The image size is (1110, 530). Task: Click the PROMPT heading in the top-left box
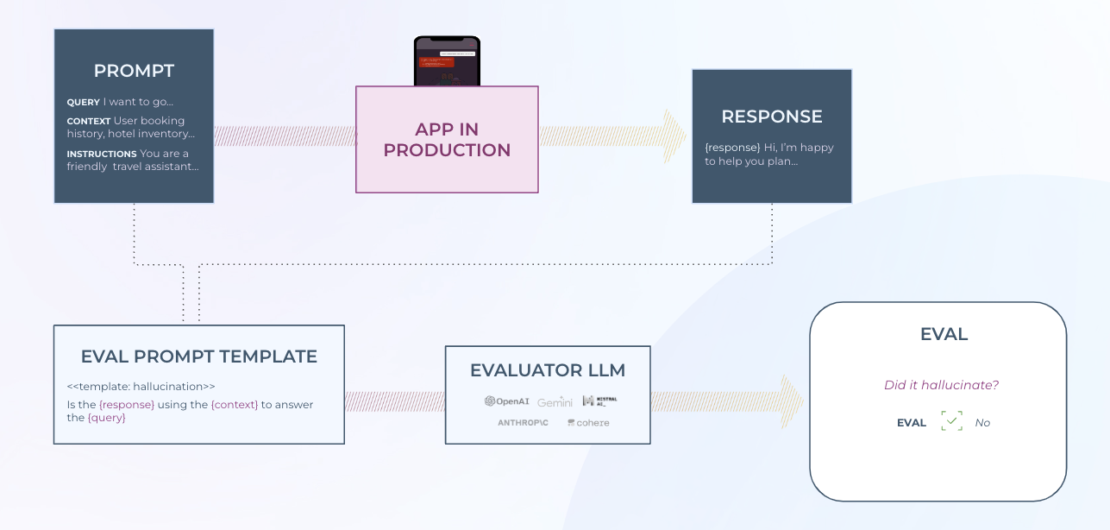tap(134, 71)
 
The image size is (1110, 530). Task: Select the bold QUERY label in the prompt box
tap(84, 103)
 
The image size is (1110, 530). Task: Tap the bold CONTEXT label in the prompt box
tap(89, 122)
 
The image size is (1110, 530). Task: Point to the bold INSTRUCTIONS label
tap(102, 155)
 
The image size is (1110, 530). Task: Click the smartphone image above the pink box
tap(447, 61)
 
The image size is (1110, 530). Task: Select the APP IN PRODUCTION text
tap(447, 140)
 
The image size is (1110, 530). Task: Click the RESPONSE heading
tap(772, 117)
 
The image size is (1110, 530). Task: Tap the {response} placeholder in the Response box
tap(732, 148)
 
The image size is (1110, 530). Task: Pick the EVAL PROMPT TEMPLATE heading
tap(198, 356)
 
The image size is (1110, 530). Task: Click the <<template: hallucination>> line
tap(141, 387)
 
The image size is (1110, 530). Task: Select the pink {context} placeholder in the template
tap(235, 405)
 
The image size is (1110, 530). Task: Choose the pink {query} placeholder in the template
tap(107, 418)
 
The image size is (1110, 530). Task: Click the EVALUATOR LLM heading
tap(548, 370)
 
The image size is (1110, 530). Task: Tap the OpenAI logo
tap(507, 401)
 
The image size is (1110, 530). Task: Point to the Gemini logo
tap(555, 402)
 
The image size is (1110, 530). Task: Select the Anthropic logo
tap(523, 423)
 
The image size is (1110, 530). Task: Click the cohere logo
tap(588, 423)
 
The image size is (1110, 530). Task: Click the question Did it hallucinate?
tap(941, 385)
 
